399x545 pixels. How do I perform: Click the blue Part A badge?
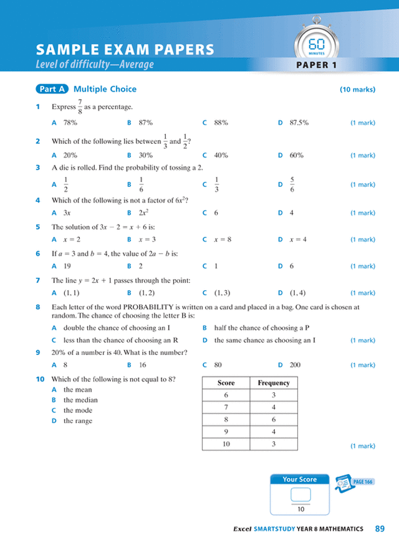[x=52, y=89]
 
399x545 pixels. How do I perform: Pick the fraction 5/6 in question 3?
[x=292, y=184]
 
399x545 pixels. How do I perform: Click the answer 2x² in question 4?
[x=143, y=212]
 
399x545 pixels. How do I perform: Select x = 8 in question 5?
[x=223, y=239]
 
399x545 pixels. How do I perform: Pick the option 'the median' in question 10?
[x=80, y=400]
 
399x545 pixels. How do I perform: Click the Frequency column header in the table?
[x=274, y=382]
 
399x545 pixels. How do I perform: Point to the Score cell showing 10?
[x=226, y=443]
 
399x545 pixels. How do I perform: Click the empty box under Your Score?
[x=300, y=495]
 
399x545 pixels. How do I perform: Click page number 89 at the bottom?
[x=380, y=529]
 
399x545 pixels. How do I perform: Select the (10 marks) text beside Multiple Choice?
[x=357, y=90]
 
